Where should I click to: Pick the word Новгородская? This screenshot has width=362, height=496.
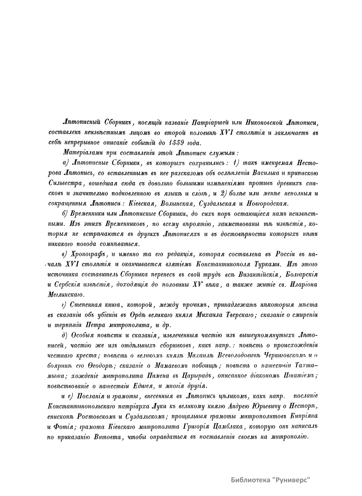coord(266,203)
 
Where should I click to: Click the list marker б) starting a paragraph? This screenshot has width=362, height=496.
coord(65,214)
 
